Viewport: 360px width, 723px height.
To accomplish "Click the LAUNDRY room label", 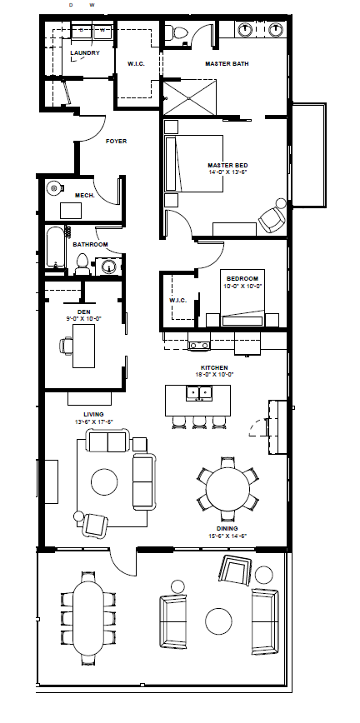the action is point(85,53).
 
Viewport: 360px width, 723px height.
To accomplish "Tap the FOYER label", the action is point(117,141).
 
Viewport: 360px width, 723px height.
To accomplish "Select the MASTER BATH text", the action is point(227,63).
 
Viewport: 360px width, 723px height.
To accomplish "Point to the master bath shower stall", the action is point(190,97).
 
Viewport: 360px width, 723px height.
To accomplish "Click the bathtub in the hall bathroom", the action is point(57,247).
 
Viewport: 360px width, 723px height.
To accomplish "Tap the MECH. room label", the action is point(85,196).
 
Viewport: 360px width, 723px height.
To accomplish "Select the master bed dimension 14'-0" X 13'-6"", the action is point(227,172).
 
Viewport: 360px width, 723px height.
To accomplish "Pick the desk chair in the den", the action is point(66,346).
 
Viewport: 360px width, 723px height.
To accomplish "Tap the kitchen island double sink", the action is point(199,393).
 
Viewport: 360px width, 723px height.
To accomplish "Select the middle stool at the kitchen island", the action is point(199,423).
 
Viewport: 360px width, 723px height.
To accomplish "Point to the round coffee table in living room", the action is point(104,482).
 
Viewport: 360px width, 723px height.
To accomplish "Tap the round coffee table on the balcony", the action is point(219,621).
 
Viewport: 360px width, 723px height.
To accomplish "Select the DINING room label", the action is point(227,528).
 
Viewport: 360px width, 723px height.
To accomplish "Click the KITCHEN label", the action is point(214,367).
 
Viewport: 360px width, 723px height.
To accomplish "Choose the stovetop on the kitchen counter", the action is point(199,345).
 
